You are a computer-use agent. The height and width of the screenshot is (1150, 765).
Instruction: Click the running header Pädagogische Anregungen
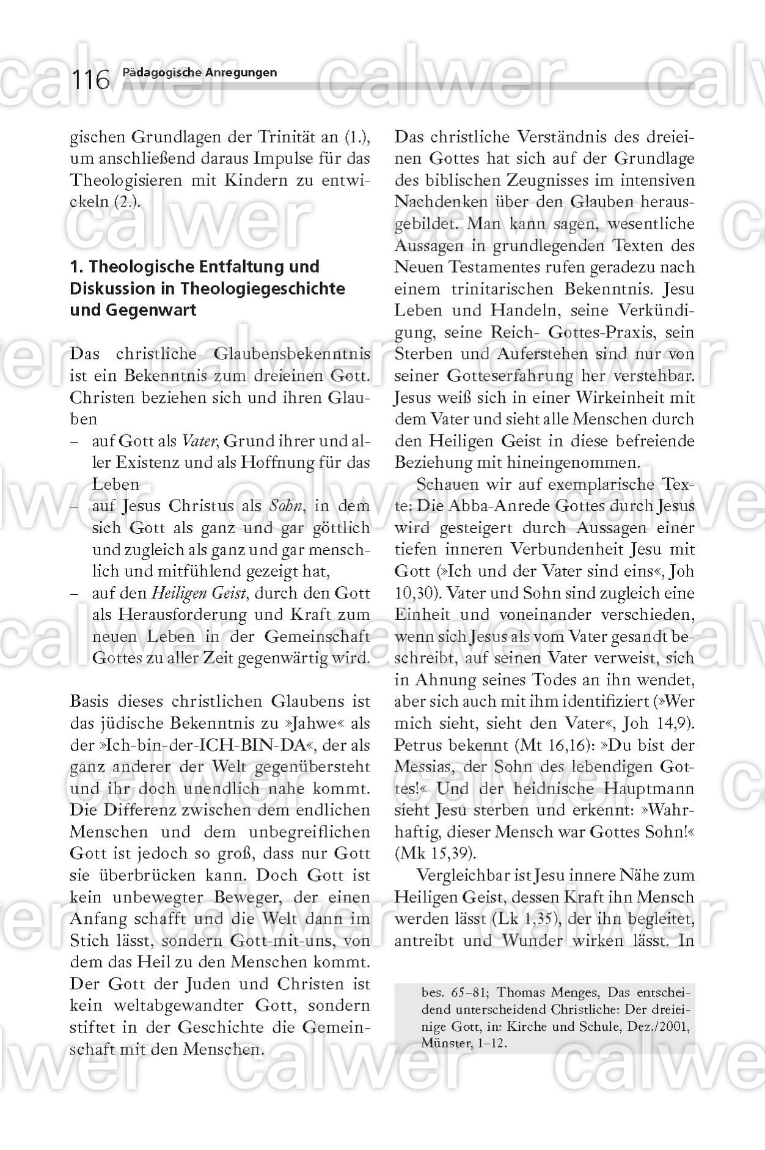click(x=200, y=72)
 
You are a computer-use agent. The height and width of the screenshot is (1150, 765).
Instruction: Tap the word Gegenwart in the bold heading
click(x=133, y=310)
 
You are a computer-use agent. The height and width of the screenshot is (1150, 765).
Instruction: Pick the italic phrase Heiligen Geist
click(x=199, y=592)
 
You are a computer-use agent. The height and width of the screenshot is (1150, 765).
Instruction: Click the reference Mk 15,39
click(x=437, y=853)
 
